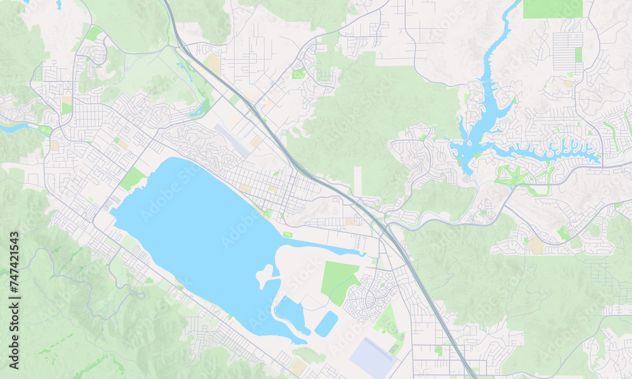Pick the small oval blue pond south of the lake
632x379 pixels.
(326, 323)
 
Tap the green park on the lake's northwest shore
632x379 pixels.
(132, 179)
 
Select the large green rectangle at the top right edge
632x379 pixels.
(552, 8)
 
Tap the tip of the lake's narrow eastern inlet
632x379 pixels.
(363, 254)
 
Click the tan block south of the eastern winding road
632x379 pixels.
(536, 245)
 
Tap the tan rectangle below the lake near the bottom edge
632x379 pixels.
(298, 366)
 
